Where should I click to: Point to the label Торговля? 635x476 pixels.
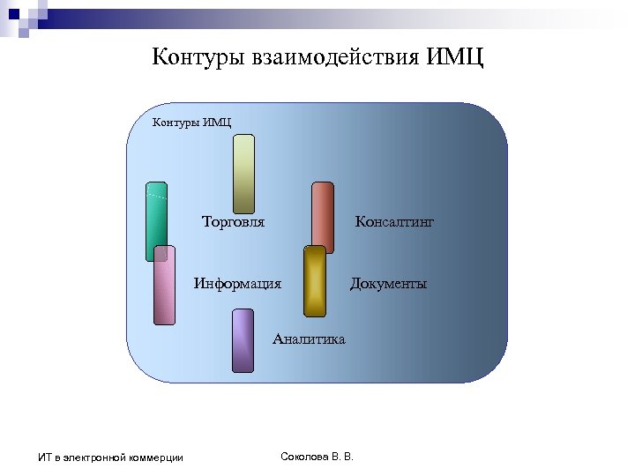[234, 222]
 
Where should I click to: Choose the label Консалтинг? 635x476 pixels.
[394, 222]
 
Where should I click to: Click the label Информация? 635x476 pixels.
[238, 284]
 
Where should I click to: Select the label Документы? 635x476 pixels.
[388, 284]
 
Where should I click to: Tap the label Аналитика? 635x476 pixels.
[309, 339]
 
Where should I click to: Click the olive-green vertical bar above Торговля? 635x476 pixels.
[243, 174]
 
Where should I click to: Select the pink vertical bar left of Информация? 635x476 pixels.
[164, 285]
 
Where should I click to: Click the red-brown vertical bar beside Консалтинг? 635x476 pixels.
[323, 217]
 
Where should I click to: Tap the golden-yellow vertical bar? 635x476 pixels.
[315, 280]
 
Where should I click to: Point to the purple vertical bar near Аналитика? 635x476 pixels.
[243, 340]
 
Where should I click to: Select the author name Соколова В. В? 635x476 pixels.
[316, 456]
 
